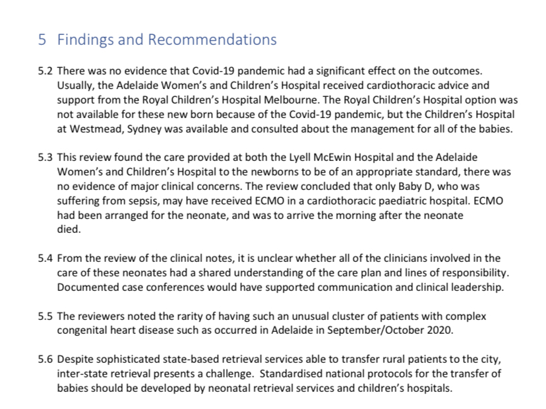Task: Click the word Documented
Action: point(87,288)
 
